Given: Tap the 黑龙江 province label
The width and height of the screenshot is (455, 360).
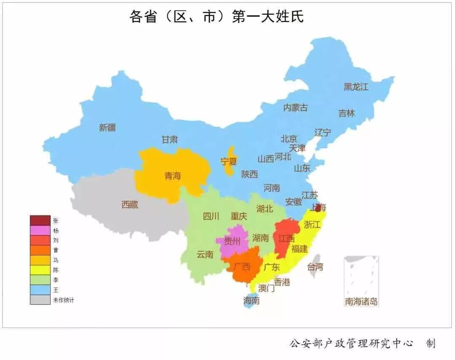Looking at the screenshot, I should pyautogui.click(x=356, y=87).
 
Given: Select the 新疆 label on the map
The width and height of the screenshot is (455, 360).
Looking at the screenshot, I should pyautogui.click(x=107, y=128).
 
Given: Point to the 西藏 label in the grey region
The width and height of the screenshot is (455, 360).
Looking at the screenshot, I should pyautogui.click(x=130, y=205).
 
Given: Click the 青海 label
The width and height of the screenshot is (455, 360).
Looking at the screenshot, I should pyautogui.click(x=172, y=176).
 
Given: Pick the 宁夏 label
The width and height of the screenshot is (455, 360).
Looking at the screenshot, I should pyautogui.click(x=229, y=161).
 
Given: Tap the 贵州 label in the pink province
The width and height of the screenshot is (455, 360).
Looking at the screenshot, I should pyautogui.click(x=232, y=242).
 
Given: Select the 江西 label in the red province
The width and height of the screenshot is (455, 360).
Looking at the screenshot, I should pyautogui.click(x=286, y=239).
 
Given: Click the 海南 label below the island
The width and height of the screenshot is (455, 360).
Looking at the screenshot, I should pyautogui.click(x=252, y=301).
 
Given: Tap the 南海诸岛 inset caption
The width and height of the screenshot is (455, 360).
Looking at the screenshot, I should pyautogui.click(x=361, y=301).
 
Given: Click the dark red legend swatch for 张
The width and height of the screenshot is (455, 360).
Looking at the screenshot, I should pyautogui.click(x=40, y=220).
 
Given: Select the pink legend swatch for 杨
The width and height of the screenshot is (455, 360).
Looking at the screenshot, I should pyautogui.click(x=40, y=231).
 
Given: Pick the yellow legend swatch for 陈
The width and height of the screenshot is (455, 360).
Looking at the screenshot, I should pyautogui.click(x=40, y=270).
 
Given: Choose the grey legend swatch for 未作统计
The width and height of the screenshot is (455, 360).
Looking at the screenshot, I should pyautogui.click(x=40, y=299).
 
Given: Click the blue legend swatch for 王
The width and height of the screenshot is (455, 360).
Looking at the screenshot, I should pyautogui.click(x=40, y=290).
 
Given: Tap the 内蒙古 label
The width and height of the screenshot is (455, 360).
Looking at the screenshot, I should pyautogui.click(x=295, y=107).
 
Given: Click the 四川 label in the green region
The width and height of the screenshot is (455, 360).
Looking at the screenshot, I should pyautogui.click(x=211, y=217).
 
